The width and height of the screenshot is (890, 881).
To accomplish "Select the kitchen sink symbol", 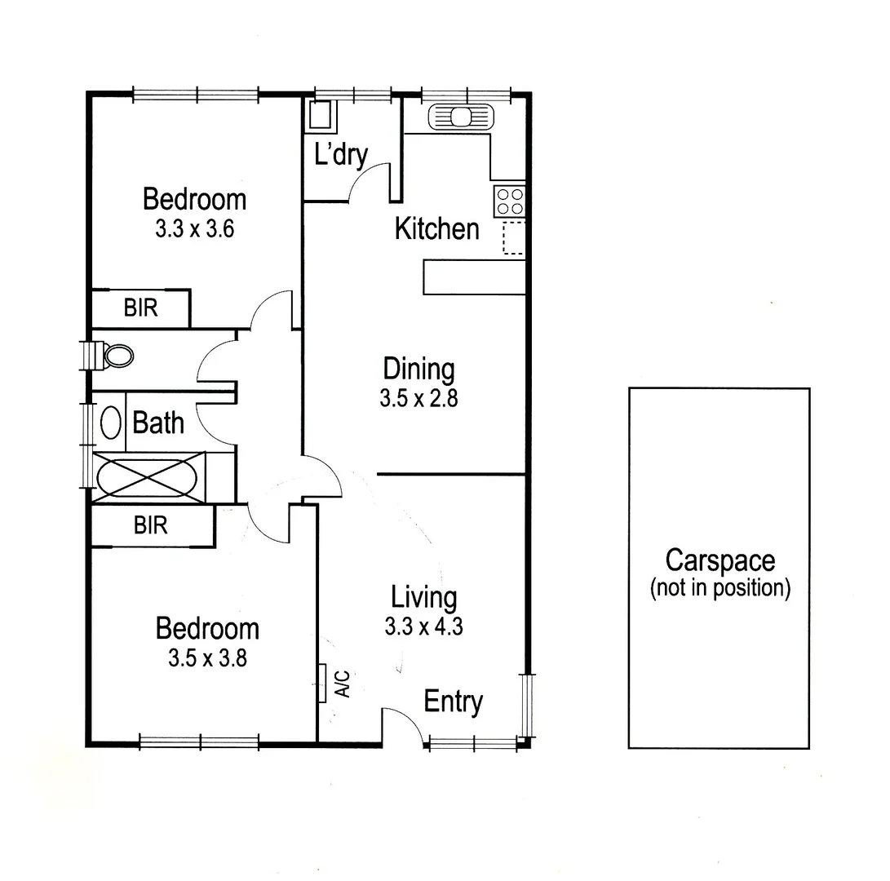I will pos(462,117).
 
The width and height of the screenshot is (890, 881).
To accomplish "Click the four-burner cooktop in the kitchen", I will pos(510,201).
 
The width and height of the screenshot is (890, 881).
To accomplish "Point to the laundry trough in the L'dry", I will pos(321,116).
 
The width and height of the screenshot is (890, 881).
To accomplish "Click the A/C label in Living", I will pos(343,684).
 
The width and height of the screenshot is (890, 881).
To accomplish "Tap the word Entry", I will pos(454,702).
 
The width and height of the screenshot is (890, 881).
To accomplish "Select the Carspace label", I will pos(720,560).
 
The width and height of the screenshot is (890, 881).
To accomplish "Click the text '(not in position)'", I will pos(720,589).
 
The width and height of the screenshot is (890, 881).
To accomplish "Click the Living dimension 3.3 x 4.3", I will pos(423,626).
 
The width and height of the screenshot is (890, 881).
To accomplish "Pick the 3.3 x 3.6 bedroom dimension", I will pos(194,229).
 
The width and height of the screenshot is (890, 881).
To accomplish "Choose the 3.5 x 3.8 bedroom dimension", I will pos(207,658).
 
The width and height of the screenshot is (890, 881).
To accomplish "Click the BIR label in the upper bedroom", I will pos(140,308).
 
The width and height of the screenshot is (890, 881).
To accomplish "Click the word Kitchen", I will pos(436,229).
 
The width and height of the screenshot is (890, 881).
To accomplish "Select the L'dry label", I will pos(341,154).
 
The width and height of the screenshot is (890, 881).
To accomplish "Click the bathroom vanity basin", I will pos(110,422).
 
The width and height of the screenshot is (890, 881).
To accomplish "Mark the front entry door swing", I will pos(401,724).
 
